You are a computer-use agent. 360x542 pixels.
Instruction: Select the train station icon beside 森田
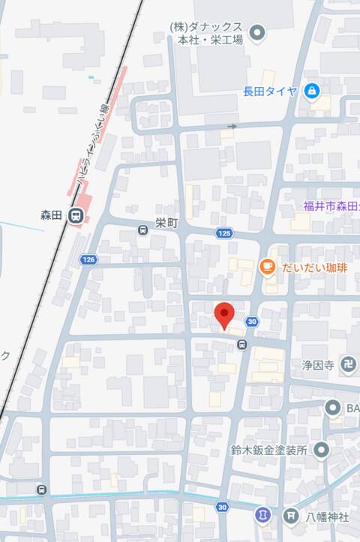click(76, 216)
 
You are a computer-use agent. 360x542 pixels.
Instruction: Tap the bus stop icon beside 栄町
click(142, 231)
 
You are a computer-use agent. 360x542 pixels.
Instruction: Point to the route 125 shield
click(224, 233)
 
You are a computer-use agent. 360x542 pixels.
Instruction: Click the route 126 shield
click(89, 259)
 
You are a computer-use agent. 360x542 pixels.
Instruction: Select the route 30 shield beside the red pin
click(252, 322)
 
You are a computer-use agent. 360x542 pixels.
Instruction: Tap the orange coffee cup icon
click(266, 266)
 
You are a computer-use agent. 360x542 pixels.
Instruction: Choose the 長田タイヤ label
click(270, 91)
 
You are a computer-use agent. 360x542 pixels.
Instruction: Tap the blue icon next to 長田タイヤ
click(312, 91)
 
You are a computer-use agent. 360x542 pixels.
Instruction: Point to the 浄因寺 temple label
click(318, 367)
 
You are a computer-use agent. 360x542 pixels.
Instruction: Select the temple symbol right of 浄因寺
click(349, 367)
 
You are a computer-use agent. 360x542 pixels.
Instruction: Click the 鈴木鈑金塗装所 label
click(269, 451)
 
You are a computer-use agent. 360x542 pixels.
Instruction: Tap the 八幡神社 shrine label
click(328, 516)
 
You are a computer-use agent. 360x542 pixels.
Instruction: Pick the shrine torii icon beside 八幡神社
click(290, 516)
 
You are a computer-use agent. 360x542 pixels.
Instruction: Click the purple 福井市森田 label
click(331, 205)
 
